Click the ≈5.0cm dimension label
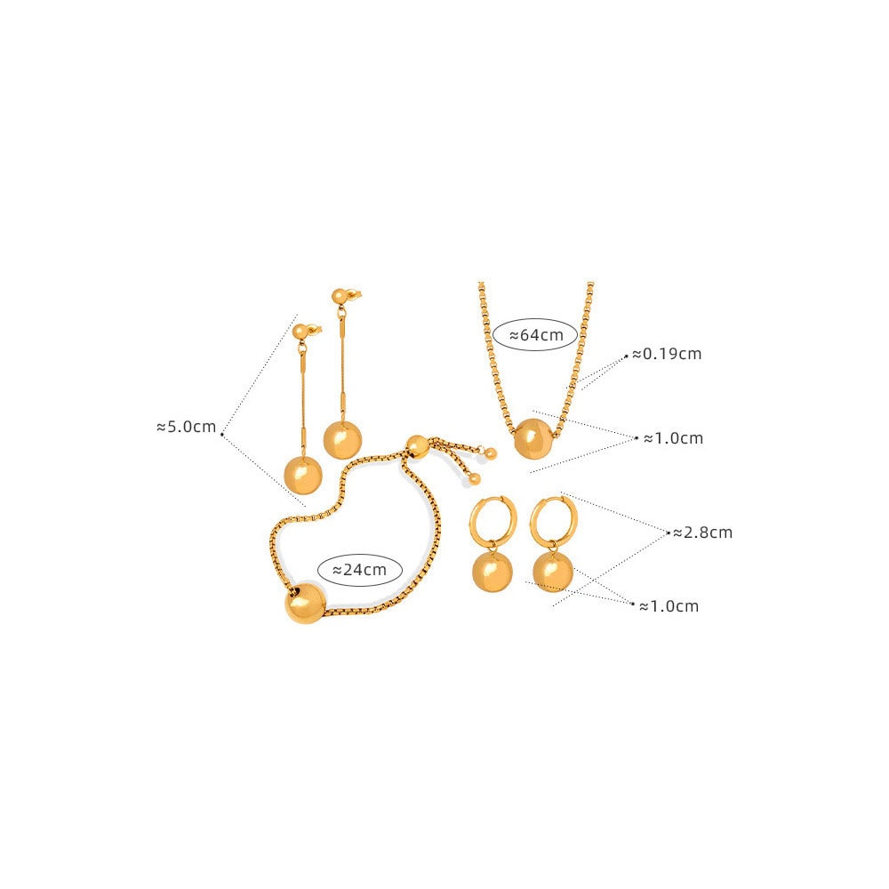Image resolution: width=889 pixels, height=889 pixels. pos(186,427)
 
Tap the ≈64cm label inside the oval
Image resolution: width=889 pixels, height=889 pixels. pos(536,334)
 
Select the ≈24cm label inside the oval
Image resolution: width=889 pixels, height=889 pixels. pos(359,569)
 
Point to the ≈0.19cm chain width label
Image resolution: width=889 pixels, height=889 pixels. pos(667,354)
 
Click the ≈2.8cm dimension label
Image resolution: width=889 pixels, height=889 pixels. pos(702,533)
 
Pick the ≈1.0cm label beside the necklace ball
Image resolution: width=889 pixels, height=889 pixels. pos(673,438)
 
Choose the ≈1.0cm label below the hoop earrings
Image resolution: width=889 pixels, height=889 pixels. pos(669,606)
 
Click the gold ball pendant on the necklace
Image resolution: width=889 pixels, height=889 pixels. pos(533,437)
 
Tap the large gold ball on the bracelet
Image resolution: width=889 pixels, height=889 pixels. pos(305,602)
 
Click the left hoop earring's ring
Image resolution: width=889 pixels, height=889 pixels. pos(493,520)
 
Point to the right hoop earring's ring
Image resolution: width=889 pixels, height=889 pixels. pos(554,519)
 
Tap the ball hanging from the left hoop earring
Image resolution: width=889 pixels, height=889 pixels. pos(492,572)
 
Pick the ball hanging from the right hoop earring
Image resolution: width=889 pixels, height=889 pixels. pos(553,572)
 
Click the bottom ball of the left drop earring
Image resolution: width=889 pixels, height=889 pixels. pos(303,475)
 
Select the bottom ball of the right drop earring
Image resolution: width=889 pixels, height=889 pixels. pos(342,439)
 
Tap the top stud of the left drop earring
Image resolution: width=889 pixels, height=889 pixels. pos(301,331)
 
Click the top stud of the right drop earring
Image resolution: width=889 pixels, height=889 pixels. pos(340,297)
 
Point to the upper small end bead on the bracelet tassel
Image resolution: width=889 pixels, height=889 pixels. pos(491,453)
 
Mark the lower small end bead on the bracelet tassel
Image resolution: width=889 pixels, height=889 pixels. pos(475,478)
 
